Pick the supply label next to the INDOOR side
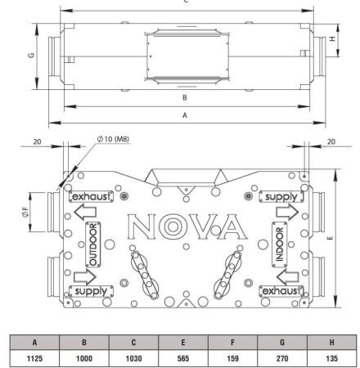pos(281,197)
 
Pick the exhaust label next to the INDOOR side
pos(281,290)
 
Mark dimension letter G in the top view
pos(31,58)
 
